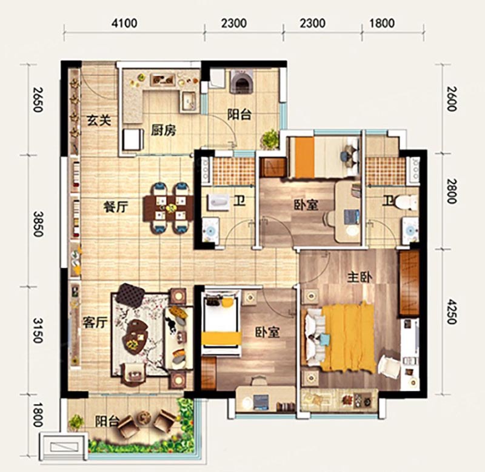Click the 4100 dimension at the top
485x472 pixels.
124,24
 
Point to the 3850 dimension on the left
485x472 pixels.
38,224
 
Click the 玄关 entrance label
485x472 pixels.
99,120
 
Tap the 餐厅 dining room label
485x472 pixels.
115,207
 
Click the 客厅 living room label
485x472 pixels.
95,323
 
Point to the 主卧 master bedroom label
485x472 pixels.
360,278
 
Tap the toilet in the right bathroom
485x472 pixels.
406,202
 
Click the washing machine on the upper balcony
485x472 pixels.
241,81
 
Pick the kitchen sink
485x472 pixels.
189,101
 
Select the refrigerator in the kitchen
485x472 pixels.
133,140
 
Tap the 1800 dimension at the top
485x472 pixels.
382,24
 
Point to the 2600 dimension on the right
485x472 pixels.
452,98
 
